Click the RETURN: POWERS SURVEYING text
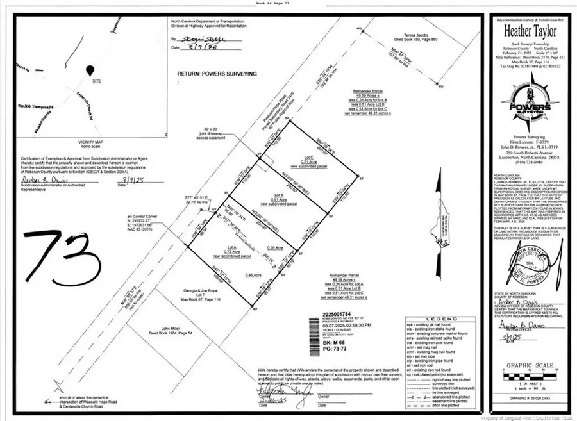click(x=217, y=74)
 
